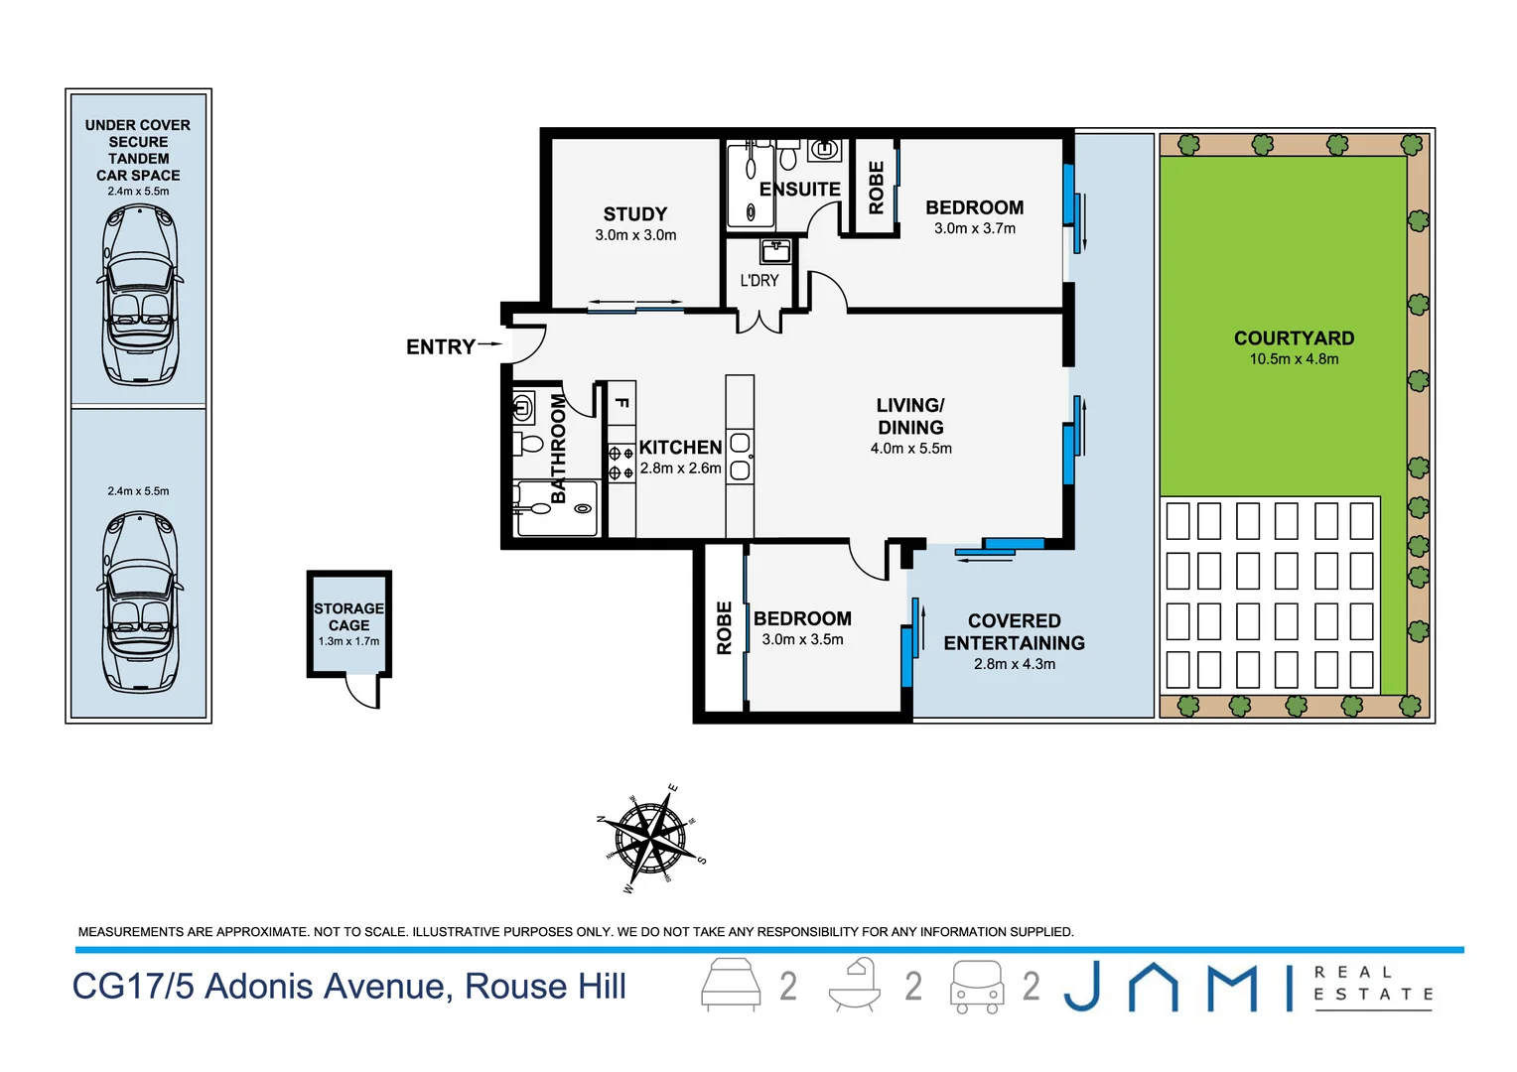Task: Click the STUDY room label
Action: pos(634,213)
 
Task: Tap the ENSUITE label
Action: pos(799,189)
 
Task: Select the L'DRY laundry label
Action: pos(758,280)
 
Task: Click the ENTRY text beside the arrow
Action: pos(440,346)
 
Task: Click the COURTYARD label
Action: pos(1294,337)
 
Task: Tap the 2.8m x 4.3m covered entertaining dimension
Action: pos(1014,664)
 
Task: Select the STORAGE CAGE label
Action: pos(348,616)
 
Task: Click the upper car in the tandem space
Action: pos(139,295)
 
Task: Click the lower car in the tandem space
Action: pos(139,602)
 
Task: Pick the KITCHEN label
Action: pos(680,448)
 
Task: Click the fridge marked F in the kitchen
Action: pos(621,403)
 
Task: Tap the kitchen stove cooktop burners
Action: pos(621,463)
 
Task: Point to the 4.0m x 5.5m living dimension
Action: pos(910,449)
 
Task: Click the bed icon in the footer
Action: pos(731,985)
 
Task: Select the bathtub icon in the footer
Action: pos(855,985)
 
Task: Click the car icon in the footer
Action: pos(977,987)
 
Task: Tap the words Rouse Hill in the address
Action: pos(545,987)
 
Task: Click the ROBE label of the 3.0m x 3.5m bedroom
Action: pos(724,627)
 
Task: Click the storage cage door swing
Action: pos(363,692)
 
